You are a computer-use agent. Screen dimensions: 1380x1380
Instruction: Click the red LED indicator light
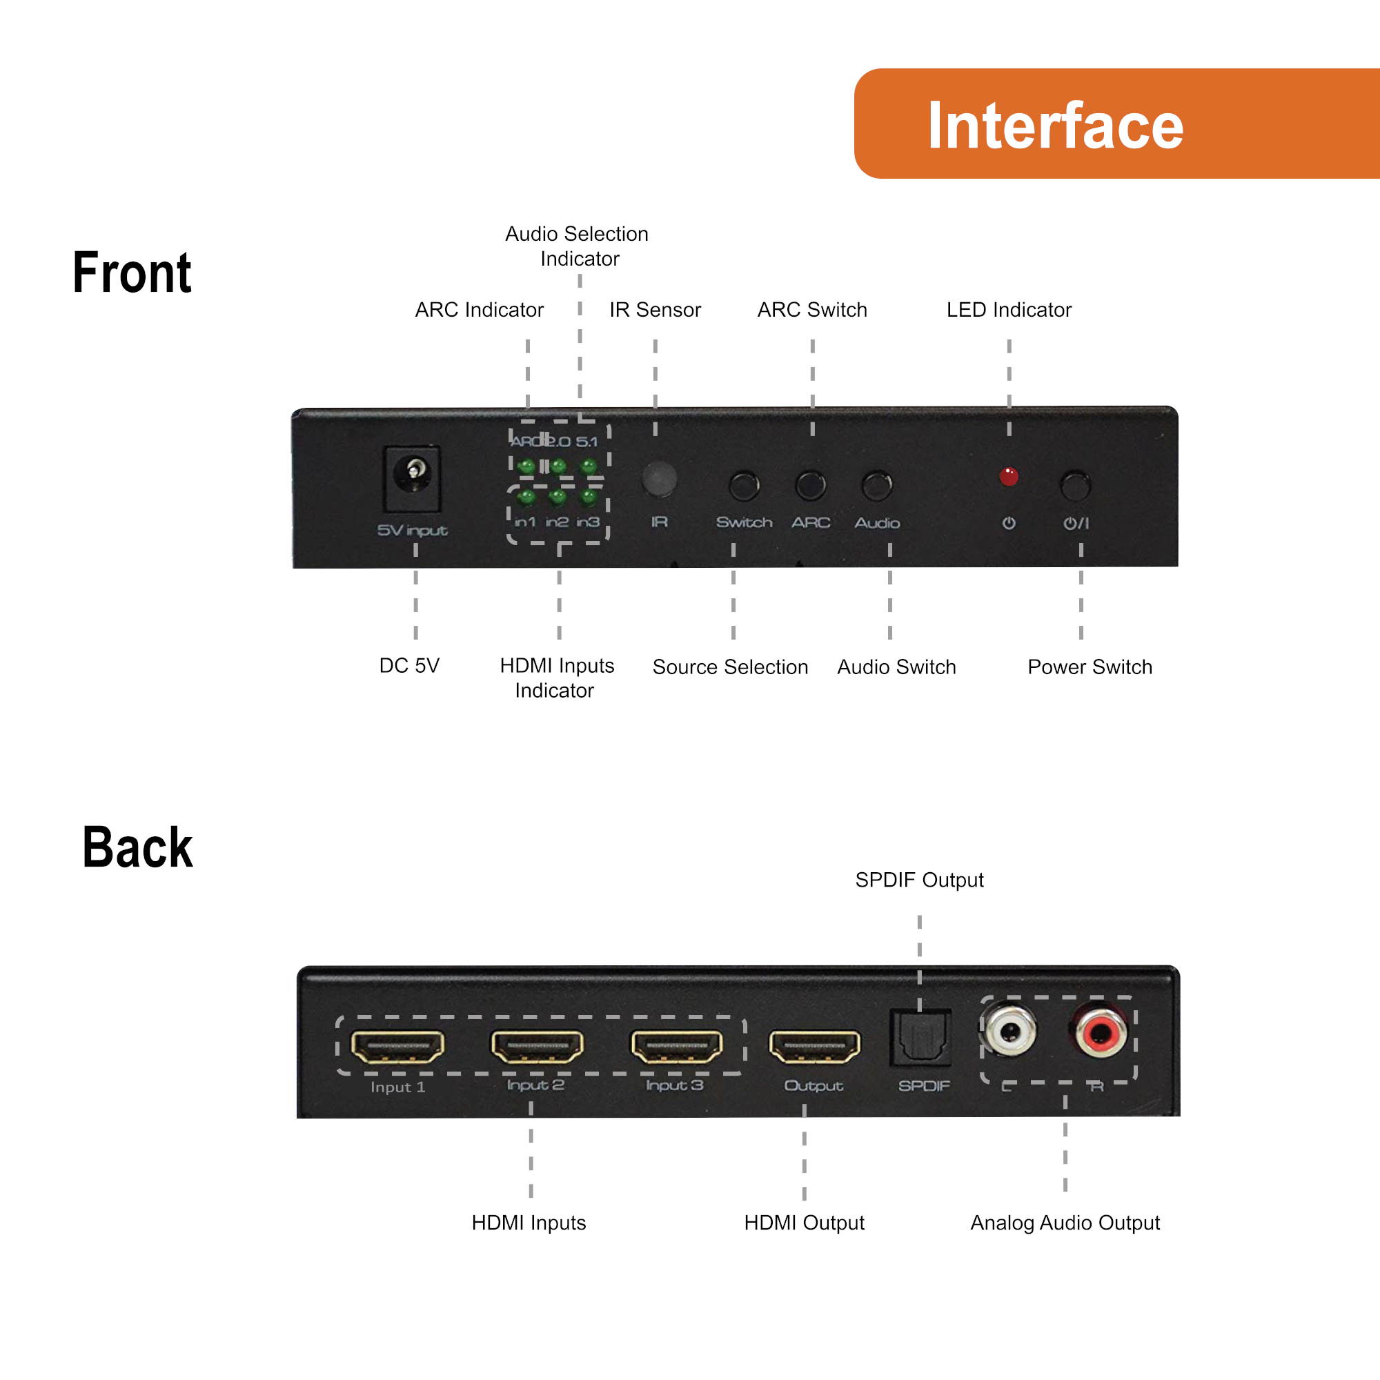(1009, 476)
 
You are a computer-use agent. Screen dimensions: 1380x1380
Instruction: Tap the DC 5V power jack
(412, 477)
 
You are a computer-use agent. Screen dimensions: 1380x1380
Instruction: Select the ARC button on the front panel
(811, 486)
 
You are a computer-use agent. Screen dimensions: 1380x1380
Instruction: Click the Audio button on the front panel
(877, 486)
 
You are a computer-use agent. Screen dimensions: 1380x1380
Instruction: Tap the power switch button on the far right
(1076, 486)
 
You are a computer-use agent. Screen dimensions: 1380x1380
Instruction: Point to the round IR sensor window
(659, 479)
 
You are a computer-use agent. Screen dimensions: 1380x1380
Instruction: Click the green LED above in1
(526, 496)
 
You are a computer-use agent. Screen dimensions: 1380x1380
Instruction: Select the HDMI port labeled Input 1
(397, 1047)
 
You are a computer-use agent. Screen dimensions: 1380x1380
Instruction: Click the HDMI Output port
(814, 1047)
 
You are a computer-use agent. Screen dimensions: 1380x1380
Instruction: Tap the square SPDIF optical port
(920, 1037)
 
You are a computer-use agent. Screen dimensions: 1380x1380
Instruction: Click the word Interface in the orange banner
(1055, 126)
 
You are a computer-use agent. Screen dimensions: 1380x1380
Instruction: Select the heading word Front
(132, 273)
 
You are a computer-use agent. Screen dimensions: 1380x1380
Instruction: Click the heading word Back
(137, 848)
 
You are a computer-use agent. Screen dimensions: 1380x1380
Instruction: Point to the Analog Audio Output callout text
(1064, 1223)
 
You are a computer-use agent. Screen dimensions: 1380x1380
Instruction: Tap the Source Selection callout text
(730, 667)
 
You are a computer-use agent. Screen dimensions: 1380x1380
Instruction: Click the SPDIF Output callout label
(919, 880)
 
